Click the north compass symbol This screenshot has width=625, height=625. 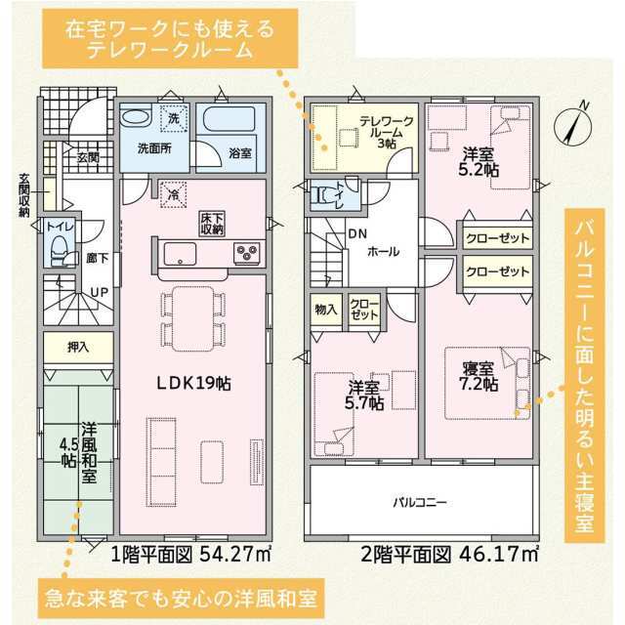pos(572,124)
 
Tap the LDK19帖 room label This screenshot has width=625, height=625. pos(193,384)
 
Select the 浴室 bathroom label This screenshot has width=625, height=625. pos(240,152)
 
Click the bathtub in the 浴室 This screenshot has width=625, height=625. pos(229,118)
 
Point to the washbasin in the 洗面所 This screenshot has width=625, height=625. pos(136,117)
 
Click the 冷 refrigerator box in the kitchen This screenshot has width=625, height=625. pos(174,194)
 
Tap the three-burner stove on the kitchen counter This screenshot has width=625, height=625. pos(246,253)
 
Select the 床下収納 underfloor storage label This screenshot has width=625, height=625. pos(213,224)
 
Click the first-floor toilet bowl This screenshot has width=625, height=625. pos(60,251)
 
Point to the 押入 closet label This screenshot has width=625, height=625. pos(78,348)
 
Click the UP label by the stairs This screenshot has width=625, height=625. pos(100,293)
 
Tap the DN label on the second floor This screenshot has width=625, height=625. pos(357,233)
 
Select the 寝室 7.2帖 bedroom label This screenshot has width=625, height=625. pos(479,376)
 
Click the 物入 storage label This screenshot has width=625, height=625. pos(326,309)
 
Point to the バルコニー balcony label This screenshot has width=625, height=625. pos(420,502)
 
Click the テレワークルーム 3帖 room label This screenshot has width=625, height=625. pos(387,132)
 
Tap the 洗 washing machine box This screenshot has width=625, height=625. pos(174,118)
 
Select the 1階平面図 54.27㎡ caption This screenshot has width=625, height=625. pos(191,554)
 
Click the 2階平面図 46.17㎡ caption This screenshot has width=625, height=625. pos(449,554)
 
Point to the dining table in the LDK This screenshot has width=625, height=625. pos(193,319)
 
